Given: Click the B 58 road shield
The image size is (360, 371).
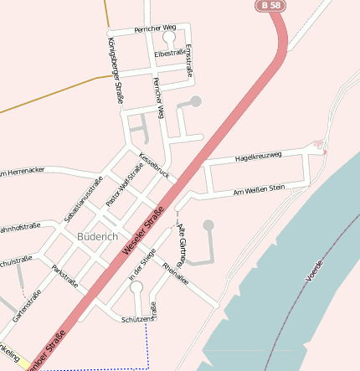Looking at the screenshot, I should click(x=270, y=6).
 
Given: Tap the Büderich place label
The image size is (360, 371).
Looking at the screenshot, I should click(x=96, y=237).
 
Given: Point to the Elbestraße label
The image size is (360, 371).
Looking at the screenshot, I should click(x=170, y=54).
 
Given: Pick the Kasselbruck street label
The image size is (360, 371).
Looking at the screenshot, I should click(x=154, y=165).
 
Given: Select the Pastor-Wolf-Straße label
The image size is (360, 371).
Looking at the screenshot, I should click(x=125, y=186).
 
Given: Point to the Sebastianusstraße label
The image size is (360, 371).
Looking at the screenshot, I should click(x=83, y=199).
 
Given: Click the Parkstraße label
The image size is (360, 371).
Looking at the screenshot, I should click(x=64, y=276).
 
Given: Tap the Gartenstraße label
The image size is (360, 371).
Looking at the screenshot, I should click(x=27, y=307).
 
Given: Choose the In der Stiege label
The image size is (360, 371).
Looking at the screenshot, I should click(x=142, y=268).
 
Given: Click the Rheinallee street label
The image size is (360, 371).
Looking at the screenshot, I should click(x=176, y=275).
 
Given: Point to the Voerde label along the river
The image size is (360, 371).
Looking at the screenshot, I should click(x=314, y=270).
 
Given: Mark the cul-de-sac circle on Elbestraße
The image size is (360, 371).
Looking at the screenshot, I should click(x=169, y=38).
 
